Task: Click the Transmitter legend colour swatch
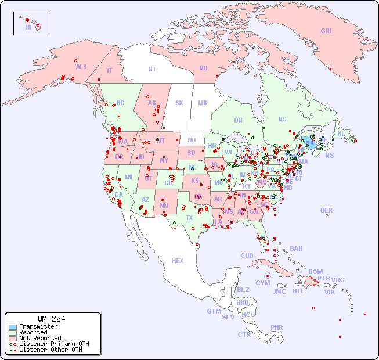12,327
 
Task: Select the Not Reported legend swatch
12,338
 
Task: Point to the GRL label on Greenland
327,31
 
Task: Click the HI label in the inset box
28,27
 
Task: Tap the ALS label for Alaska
81,67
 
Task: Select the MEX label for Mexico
178,261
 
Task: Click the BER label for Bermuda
326,210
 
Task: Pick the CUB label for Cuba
247,255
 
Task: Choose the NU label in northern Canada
203,68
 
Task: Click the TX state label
189,218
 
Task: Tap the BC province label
120,103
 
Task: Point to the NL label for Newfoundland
341,133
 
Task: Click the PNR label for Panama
277,327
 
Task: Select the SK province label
179,103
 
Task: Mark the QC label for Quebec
282,119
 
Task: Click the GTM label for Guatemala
214,311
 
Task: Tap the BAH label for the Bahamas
296,249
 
